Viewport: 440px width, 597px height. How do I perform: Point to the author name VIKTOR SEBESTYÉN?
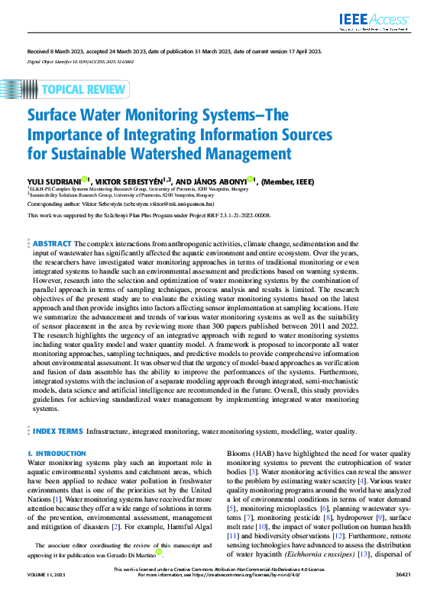click(128, 181)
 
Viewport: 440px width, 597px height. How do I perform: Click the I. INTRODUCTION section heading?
click(56, 454)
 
